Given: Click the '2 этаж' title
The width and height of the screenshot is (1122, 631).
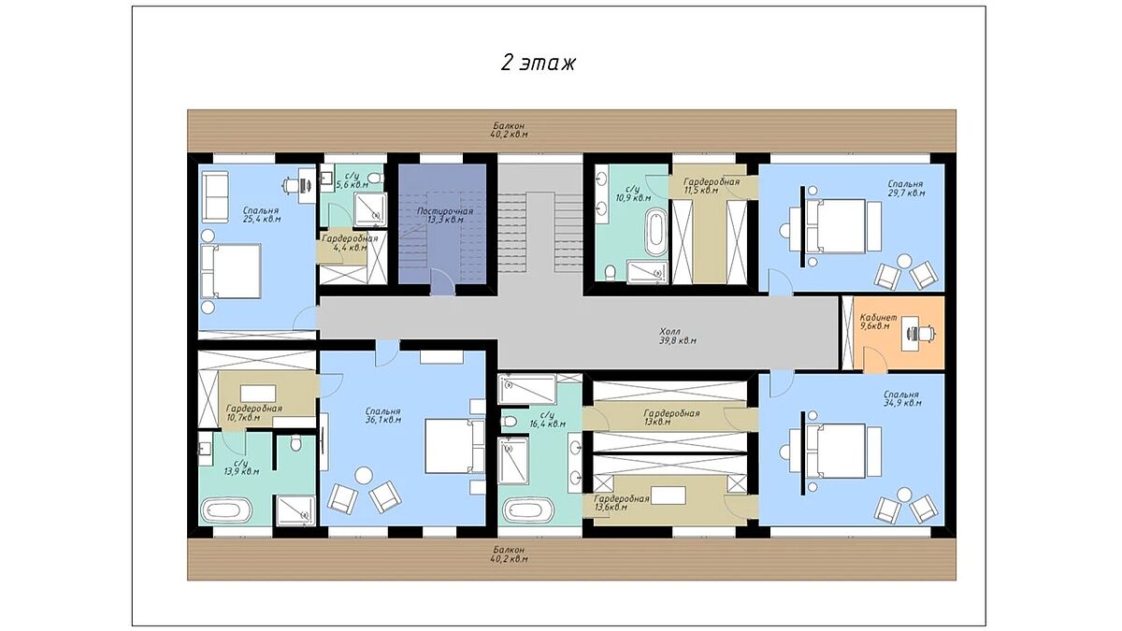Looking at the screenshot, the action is pyautogui.click(x=539, y=64).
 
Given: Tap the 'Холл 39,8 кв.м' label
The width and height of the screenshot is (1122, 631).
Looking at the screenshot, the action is pyautogui.click(x=677, y=337).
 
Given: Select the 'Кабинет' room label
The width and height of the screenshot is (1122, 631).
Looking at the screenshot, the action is pyautogui.click(x=878, y=318).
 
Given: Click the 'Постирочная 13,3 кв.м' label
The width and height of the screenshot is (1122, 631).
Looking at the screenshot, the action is pyautogui.click(x=445, y=215).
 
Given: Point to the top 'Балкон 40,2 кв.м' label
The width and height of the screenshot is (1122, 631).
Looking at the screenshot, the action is pyautogui.click(x=509, y=130).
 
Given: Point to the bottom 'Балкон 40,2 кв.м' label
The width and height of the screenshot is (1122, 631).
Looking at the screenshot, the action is pyautogui.click(x=509, y=553).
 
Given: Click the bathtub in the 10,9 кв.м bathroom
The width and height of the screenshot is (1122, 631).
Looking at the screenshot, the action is pyautogui.click(x=655, y=233).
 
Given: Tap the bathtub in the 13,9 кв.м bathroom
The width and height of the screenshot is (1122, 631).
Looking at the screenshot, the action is pyautogui.click(x=226, y=510).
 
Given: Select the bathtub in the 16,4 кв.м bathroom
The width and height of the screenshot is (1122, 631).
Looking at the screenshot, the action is pyautogui.click(x=528, y=510).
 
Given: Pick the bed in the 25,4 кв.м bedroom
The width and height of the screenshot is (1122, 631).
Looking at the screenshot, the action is pyautogui.click(x=231, y=271).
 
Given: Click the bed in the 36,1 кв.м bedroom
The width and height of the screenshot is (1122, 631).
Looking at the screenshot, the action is pyautogui.click(x=454, y=446).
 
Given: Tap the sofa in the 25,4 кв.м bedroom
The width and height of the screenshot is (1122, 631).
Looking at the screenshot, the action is pyautogui.click(x=215, y=197).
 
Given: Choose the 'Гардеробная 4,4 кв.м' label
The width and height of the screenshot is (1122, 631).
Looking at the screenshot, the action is pyautogui.click(x=349, y=243).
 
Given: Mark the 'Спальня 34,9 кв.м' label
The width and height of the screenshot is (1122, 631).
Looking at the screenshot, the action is pyautogui.click(x=901, y=398).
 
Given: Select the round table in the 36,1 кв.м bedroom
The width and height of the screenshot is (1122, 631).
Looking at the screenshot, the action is pyautogui.click(x=364, y=475).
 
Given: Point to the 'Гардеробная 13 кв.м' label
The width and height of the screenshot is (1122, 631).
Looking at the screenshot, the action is pyautogui.click(x=671, y=418).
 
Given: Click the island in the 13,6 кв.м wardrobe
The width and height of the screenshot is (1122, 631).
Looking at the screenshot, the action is pyautogui.click(x=669, y=495).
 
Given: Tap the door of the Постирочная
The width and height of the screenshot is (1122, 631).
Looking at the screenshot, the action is pyautogui.click(x=442, y=283).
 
